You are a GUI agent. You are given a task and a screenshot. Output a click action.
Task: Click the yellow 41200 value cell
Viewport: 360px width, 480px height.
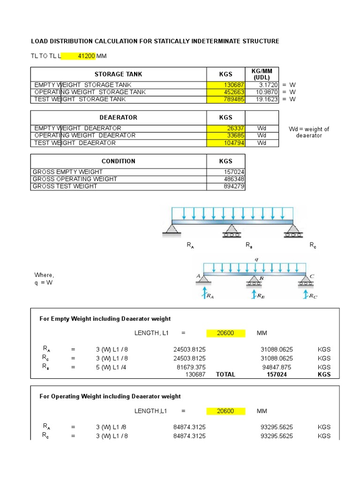click(x=79, y=56)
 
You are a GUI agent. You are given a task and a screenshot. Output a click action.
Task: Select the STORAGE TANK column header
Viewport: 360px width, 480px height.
click(x=118, y=74)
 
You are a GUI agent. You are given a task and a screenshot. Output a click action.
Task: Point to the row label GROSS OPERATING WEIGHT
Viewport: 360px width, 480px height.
click(x=75, y=179)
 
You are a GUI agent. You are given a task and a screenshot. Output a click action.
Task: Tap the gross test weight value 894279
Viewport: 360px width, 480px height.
click(x=232, y=186)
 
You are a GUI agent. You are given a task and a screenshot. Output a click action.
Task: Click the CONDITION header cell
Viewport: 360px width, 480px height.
click(x=118, y=161)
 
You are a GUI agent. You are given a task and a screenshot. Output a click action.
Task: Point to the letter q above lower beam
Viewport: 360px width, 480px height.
click(x=256, y=259)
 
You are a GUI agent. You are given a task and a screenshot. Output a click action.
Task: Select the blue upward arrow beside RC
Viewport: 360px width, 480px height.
click(x=305, y=294)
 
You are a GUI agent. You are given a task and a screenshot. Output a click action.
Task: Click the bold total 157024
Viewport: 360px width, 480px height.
click(x=277, y=375)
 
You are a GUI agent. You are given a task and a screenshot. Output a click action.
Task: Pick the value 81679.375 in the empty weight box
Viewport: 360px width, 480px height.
click(x=189, y=367)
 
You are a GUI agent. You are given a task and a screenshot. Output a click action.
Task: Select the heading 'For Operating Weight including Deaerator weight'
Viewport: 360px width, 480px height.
click(x=110, y=396)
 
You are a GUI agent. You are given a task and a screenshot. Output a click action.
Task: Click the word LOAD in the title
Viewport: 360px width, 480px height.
click(x=39, y=41)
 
